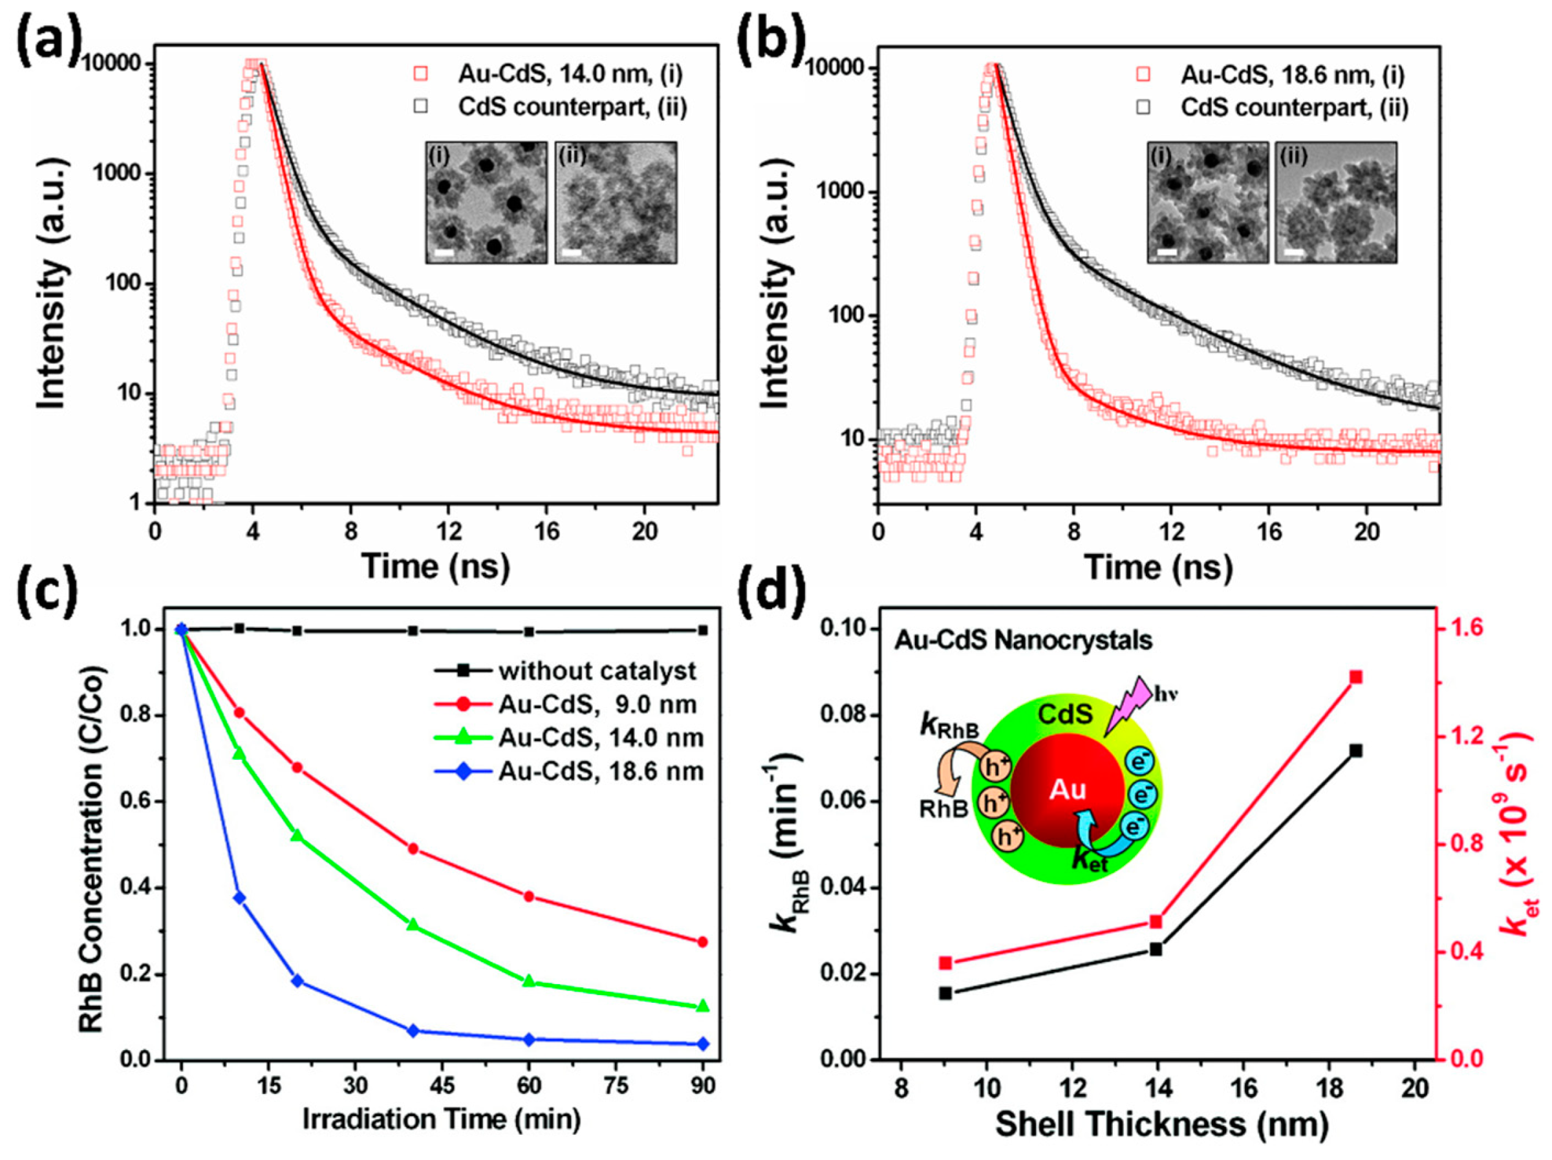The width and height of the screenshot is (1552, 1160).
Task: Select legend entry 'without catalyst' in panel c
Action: click(x=597, y=671)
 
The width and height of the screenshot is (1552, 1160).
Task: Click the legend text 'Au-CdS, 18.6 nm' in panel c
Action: click(x=601, y=771)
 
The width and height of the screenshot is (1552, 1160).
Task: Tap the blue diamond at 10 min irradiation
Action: click(x=239, y=897)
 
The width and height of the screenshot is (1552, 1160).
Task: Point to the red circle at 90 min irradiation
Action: click(x=703, y=941)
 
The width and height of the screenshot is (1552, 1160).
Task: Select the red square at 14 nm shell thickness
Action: click(x=1156, y=921)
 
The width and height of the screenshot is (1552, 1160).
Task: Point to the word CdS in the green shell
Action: click(x=1065, y=714)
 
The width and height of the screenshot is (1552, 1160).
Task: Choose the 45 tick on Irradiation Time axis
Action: click(x=442, y=1085)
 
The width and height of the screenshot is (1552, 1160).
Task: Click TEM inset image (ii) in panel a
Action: click(x=616, y=203)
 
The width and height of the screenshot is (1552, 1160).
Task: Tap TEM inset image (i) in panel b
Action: click(x=1207, y=203)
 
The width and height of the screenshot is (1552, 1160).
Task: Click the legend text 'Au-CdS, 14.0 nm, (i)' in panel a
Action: click(x=570, y=74)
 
